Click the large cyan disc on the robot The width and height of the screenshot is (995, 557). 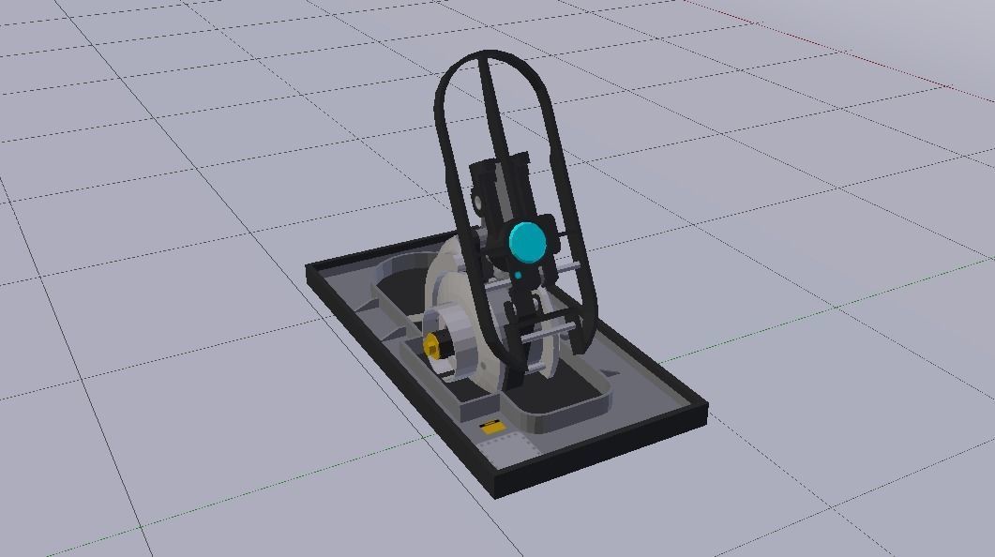click(x=527, y=242)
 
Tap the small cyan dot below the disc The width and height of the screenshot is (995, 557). click(x=517, y=275)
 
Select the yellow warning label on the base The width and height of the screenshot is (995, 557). click(x=490, y=428)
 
